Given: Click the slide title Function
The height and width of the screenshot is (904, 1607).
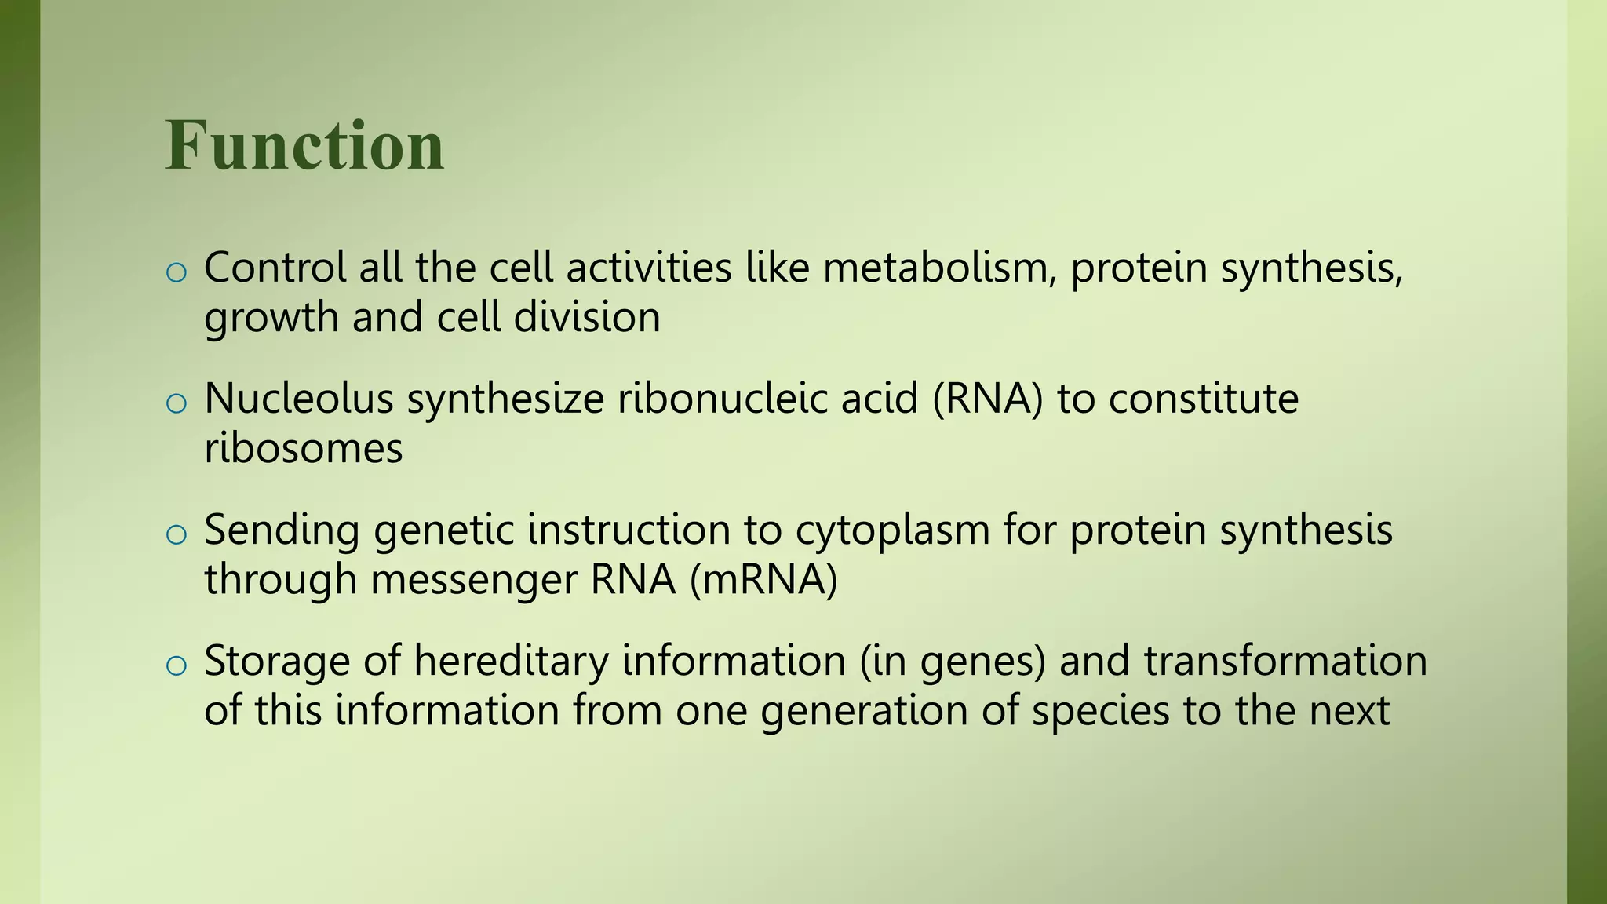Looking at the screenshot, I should [x=304, y=146].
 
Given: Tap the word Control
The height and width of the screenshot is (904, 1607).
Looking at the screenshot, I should [x=275, y=268].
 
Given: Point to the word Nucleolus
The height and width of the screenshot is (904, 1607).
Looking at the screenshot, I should [x=298, y=399].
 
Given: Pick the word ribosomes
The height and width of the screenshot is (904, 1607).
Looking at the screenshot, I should [x=303, y=449].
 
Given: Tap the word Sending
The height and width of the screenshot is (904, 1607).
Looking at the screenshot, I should [x=282, y=530].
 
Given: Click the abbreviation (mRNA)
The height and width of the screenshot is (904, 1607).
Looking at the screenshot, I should [x=763, y=580].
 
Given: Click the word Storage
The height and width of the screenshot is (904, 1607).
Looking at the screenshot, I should [x=276, y=661].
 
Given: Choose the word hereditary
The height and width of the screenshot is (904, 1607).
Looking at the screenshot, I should [x=511, y=661].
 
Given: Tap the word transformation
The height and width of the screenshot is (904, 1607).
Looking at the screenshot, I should [x=1285, y=661].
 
